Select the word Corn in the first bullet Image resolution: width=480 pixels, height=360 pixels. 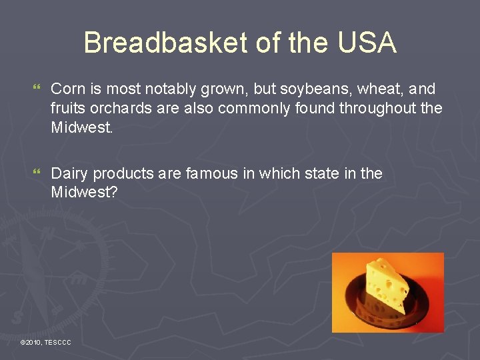point(67,89)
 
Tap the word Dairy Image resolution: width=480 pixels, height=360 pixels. point(69,174)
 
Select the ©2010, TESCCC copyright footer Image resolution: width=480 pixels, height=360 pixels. point(46,342)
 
